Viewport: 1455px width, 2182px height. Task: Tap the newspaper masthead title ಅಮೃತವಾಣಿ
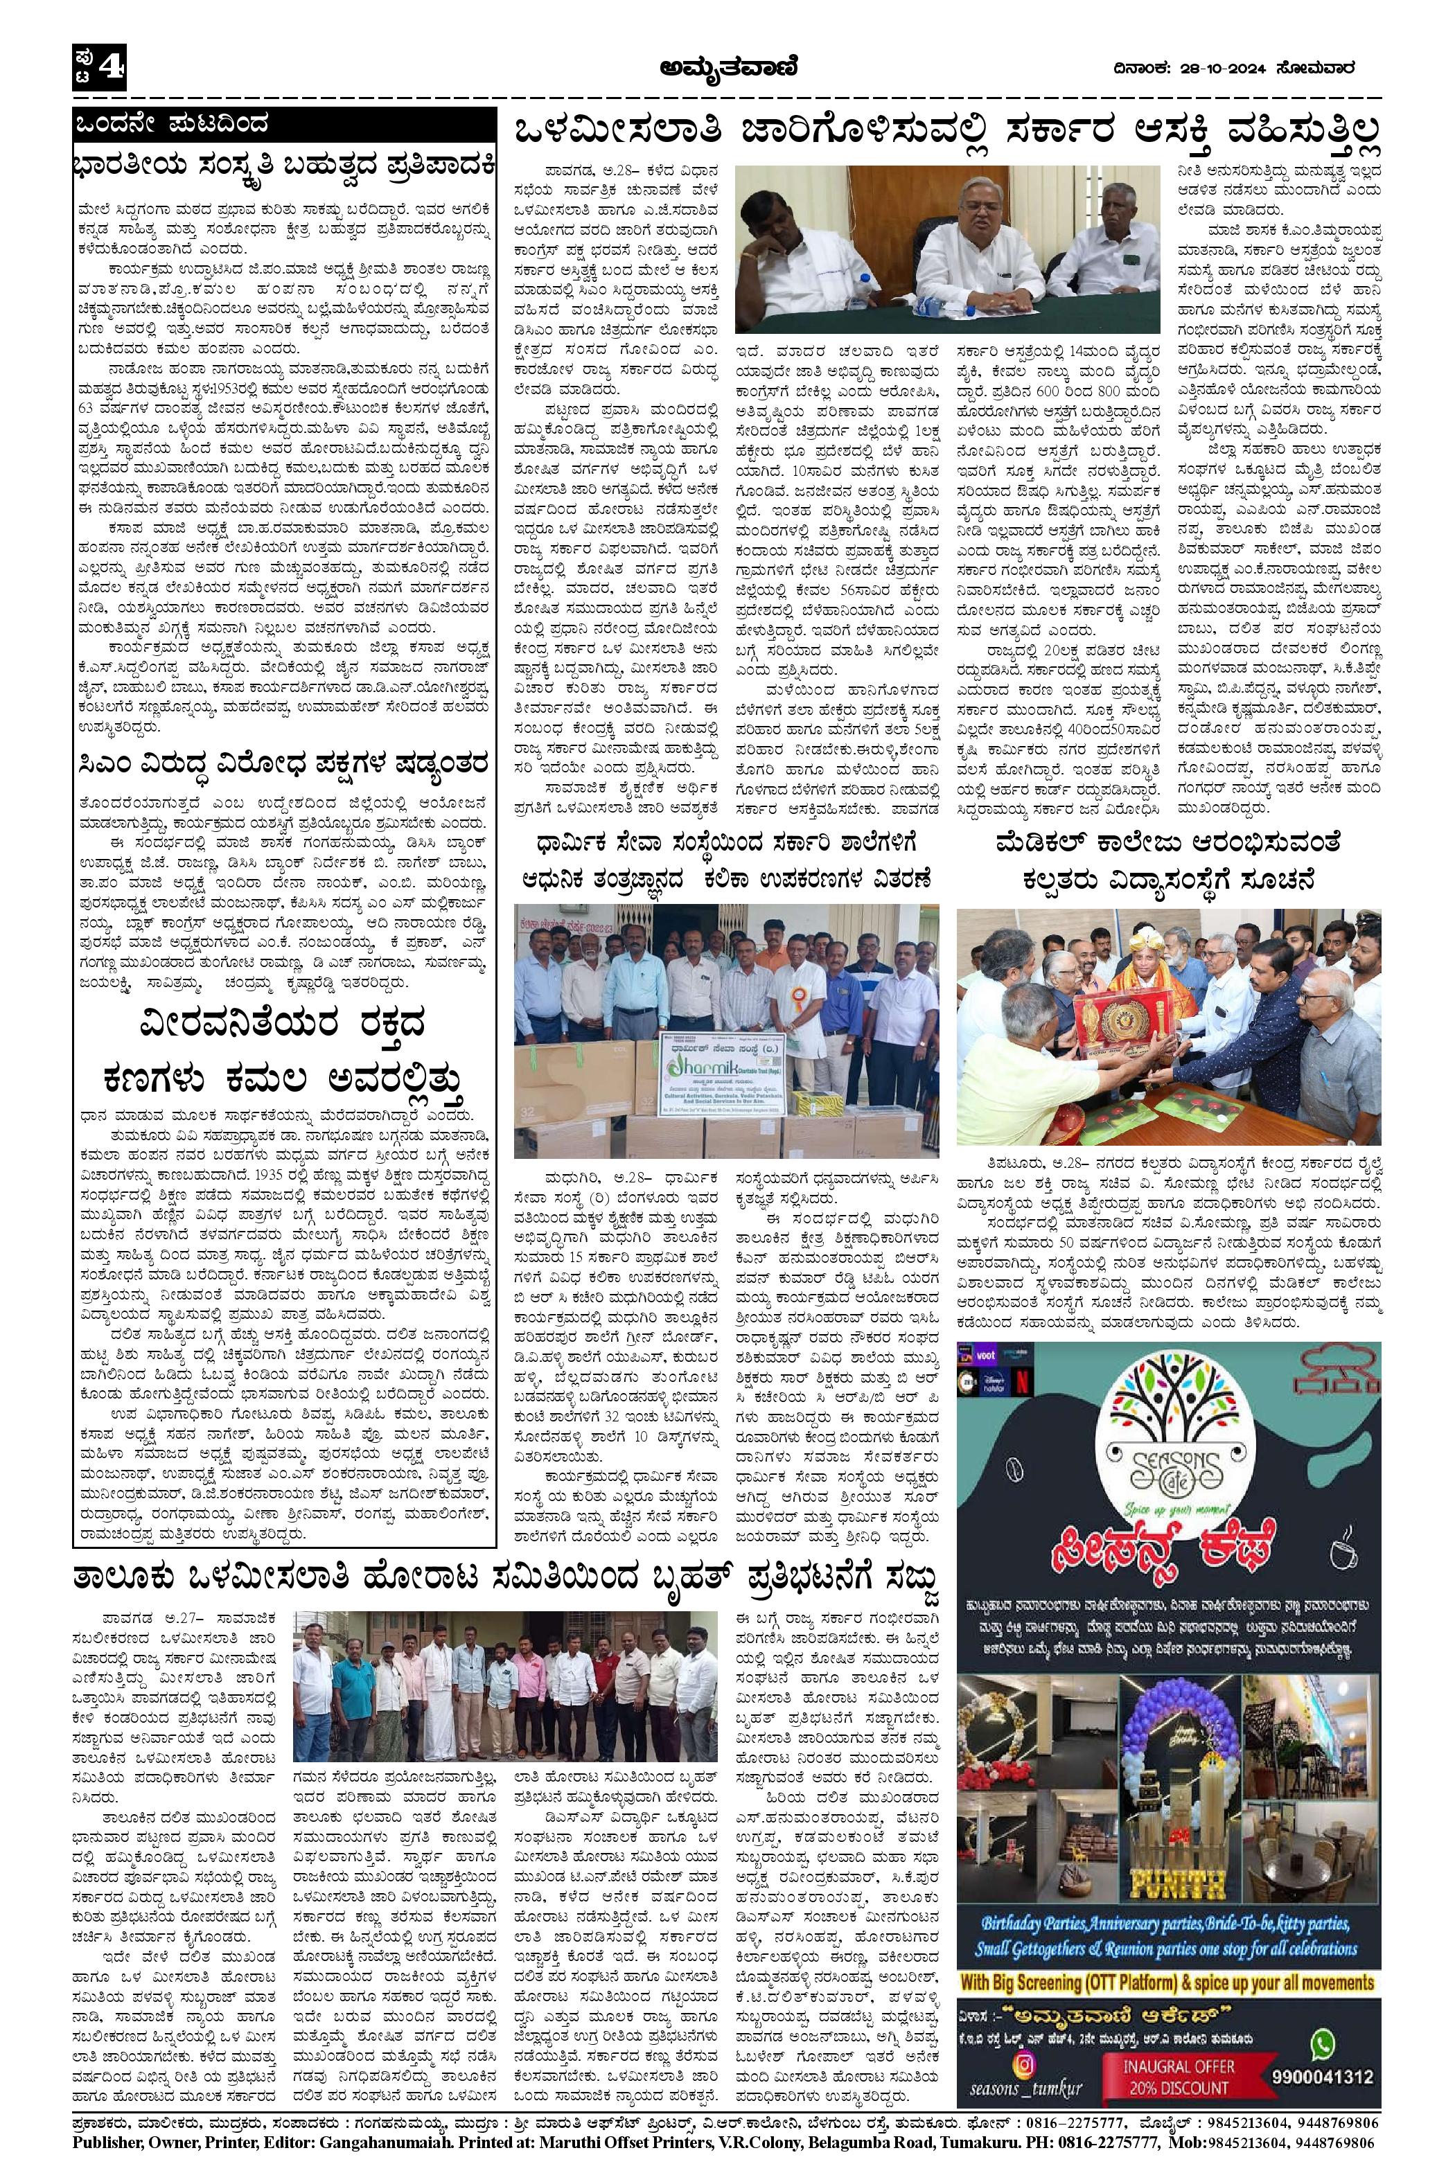click(727, 66)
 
